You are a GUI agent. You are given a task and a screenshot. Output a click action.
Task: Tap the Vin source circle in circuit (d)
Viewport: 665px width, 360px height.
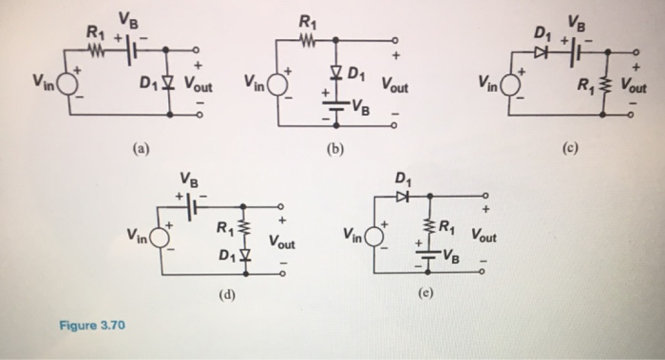tap(158, 237)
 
